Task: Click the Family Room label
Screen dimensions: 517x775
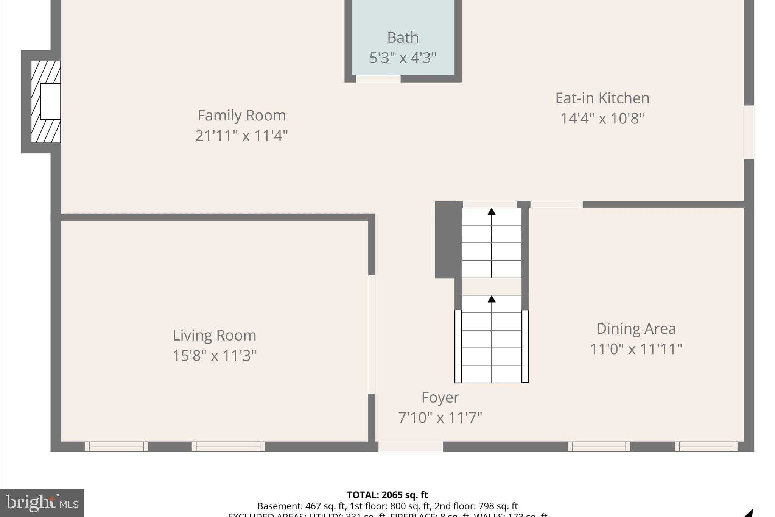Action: click(x=241, y=116)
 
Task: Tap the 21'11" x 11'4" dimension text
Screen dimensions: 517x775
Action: click(x=241, y=136)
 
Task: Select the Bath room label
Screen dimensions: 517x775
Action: click(x=403, y=38)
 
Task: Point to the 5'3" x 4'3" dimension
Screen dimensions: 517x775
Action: click(x=403, y=58)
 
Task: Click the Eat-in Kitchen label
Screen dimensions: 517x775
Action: click(x=602, y=98)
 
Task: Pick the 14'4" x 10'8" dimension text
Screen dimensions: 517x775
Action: click(x=602, y=119)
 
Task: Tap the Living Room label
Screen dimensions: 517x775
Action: click(x=214, y=336)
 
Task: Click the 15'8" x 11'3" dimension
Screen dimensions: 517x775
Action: click(x=214, y=356)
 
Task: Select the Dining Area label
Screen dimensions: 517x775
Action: click(x=636, y=329)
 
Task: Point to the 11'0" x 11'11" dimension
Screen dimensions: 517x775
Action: click(x=636, y=349)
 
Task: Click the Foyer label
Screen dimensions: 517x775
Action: click(x=440, y=397)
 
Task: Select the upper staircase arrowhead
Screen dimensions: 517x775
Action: click(x=491, y=211)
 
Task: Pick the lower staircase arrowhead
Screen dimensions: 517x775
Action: click(x=491, y=299)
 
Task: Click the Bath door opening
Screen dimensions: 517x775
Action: click(x=378, y=79)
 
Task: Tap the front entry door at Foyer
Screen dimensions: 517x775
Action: click(x=411, y=447)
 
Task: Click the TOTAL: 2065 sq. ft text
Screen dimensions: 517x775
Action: click(x=387, y=495)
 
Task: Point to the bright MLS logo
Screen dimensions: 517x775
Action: click(x=42, y=503)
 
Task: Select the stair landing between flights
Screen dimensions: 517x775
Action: click(x=491, y=287)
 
